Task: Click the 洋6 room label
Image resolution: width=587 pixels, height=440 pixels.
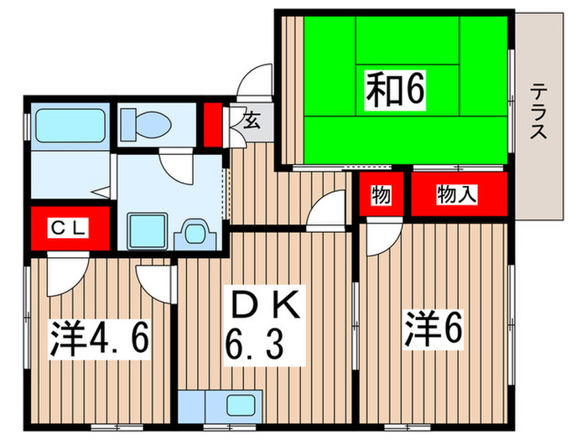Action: [434, 329]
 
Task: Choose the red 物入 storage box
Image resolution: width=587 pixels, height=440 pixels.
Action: [458, 195]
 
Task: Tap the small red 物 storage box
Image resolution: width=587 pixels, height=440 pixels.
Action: [382, 195]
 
